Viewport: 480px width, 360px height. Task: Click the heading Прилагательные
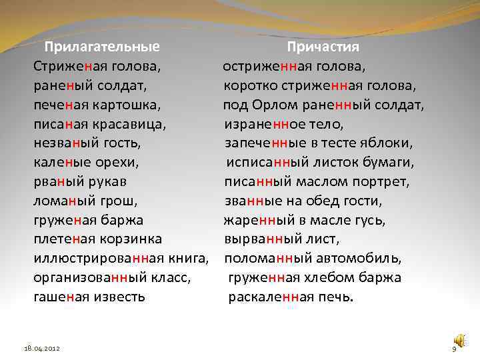coord(102,47)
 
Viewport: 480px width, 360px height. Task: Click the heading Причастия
coord(323,47)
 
